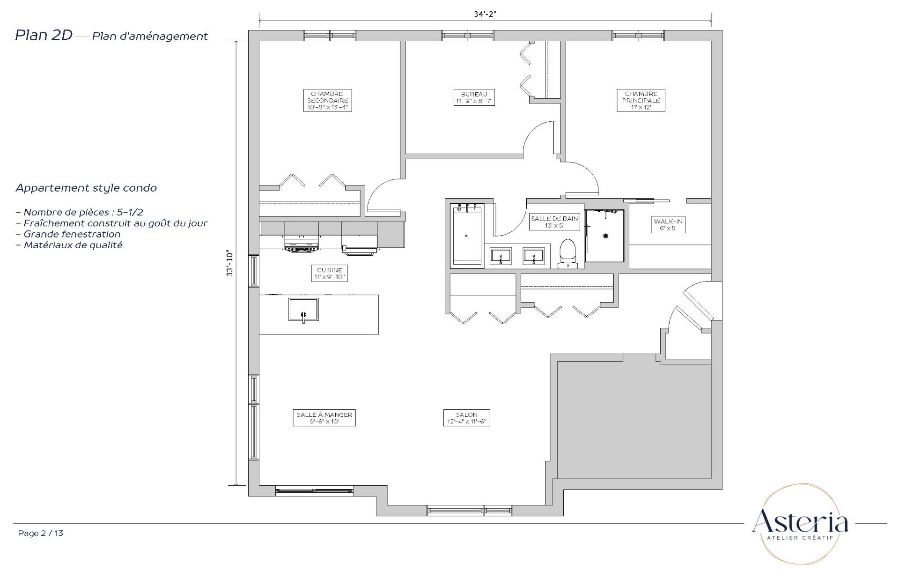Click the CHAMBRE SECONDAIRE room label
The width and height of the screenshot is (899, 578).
[x=327, y=100]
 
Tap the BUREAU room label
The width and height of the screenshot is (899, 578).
[x=474, y=97]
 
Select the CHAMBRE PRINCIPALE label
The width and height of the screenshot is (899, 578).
[x=641, y=100]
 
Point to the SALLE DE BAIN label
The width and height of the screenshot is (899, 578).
[x=554, y=222]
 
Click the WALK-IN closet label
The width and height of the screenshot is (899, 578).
[x=668, y=225]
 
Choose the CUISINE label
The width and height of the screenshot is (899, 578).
[x=330, y=274]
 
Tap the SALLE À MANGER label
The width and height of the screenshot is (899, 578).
[x=324, y=418]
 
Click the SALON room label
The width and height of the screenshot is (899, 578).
[x=467, y=418]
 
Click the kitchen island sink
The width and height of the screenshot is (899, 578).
[x=303, y=310]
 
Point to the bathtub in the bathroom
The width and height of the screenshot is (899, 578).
[x=466, y=235]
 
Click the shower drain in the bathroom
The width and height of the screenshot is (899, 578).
[x=606, y=236]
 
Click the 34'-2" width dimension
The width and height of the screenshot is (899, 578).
[x=485, y=14]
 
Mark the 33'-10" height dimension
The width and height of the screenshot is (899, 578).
[x=229, y=263]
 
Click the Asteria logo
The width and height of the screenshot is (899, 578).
[x=800, y=524]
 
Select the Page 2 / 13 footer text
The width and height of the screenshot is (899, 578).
[x=41, y=533]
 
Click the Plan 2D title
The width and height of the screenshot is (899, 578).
[x=44, y=35]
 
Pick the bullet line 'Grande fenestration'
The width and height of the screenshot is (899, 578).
[x=68, y=234]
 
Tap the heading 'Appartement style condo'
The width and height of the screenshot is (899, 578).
[x=86, y=188]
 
